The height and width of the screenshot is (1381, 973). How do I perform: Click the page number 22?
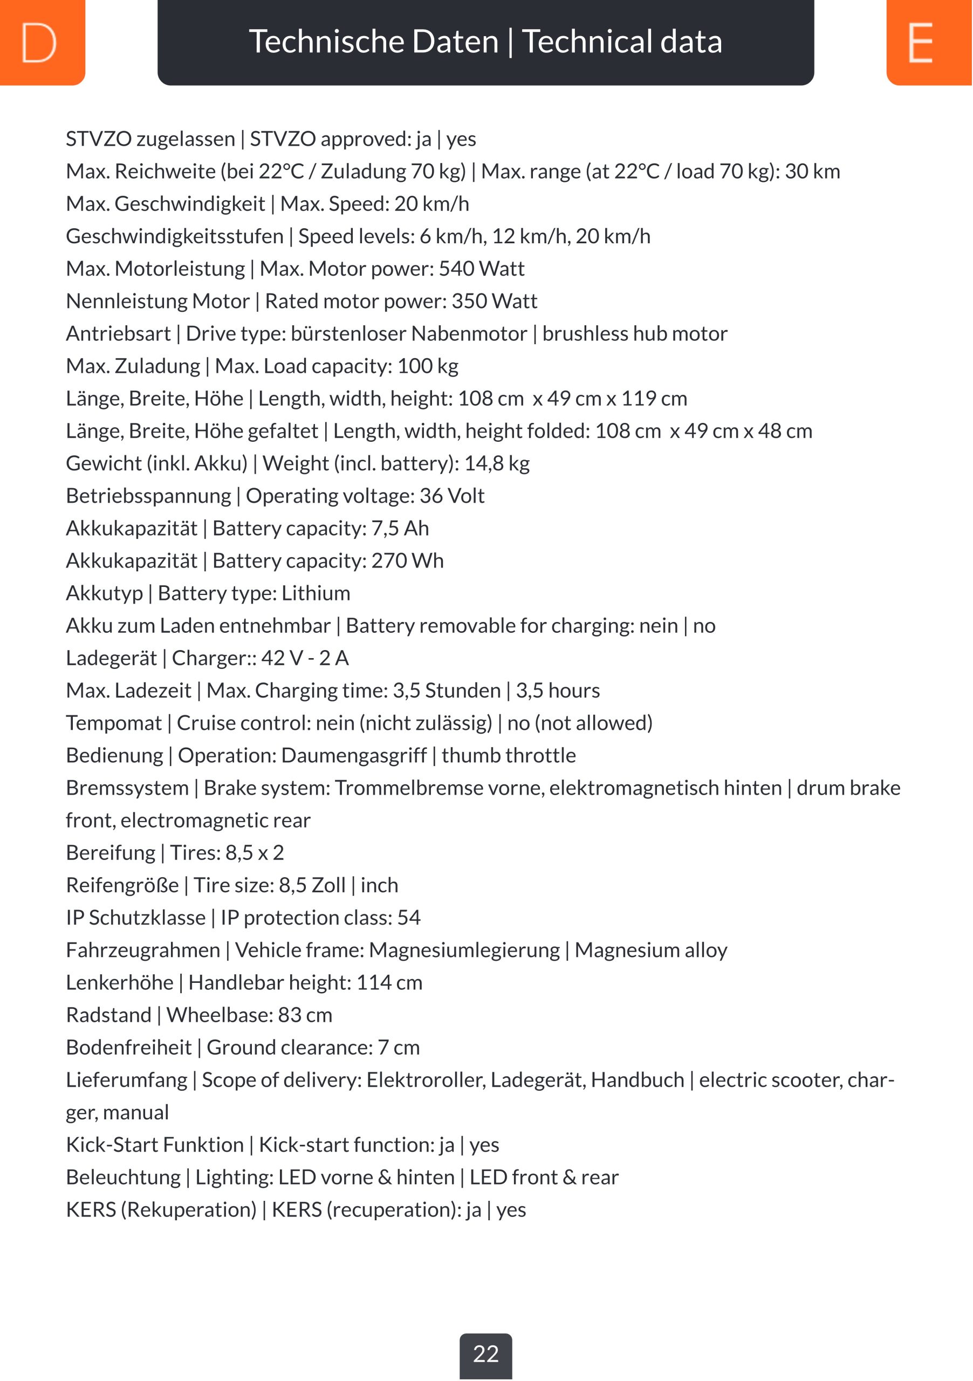[486, 1353]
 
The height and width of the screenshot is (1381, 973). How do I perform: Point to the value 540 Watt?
[481, 268]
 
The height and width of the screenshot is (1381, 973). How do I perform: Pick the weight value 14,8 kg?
[497, 463]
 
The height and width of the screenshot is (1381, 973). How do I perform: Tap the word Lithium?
[316, 593]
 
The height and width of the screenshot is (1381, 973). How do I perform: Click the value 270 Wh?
[407, 560]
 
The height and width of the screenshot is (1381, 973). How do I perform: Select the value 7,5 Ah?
[400, 528]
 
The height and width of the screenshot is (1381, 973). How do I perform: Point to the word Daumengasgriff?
[354, 755]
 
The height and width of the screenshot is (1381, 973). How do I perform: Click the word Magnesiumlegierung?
[464, 951]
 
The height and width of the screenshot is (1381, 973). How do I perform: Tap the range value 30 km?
[812, 172]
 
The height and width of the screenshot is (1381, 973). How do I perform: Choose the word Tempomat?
[114, 723]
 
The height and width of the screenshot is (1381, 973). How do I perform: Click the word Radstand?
[108, 1015]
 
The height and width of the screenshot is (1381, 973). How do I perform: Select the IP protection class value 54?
[409, 918]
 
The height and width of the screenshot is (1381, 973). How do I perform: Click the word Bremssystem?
[127, 788]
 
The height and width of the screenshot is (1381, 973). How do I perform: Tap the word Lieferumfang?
[126, 1081]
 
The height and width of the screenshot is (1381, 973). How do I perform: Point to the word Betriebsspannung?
[148, 496]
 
